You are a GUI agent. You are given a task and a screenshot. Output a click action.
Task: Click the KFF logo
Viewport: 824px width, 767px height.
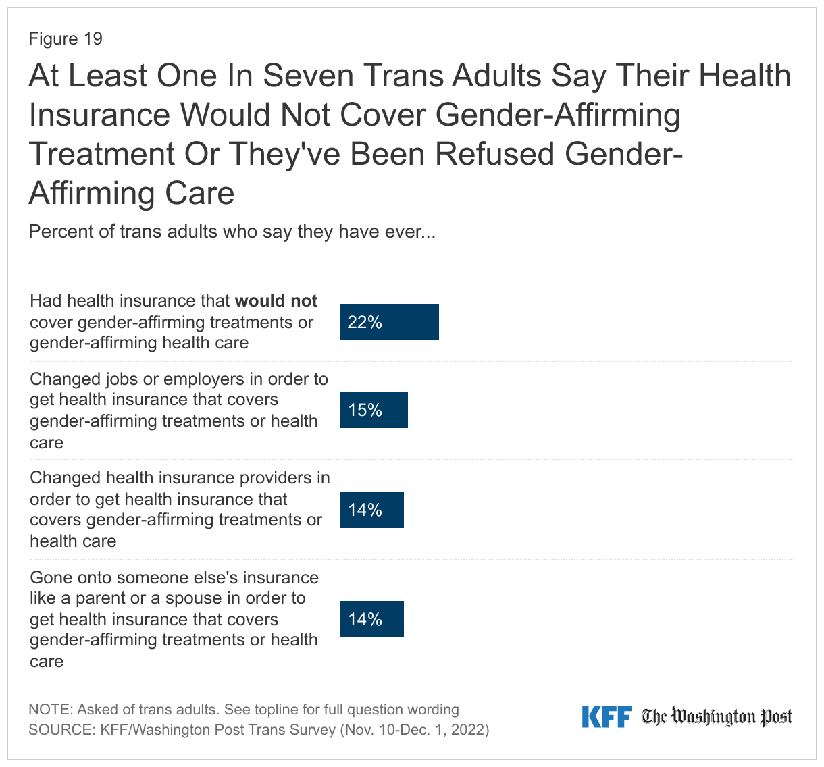point(606,717)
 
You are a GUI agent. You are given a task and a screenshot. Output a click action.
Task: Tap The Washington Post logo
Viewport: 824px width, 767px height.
point(717,717)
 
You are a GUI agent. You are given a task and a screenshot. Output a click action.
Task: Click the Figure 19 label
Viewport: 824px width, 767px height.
point(66,38)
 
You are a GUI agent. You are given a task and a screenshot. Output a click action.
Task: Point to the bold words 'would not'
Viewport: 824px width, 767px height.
point(276,300)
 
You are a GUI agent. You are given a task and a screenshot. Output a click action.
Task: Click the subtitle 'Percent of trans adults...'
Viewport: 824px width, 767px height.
point(232,232)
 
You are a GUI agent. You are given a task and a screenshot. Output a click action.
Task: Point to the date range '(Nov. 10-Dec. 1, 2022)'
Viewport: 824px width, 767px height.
point(414,730)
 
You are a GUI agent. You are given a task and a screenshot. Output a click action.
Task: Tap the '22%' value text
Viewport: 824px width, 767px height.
point(365,323)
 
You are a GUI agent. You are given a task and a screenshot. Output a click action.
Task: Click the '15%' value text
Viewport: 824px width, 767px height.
point(365,411)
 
